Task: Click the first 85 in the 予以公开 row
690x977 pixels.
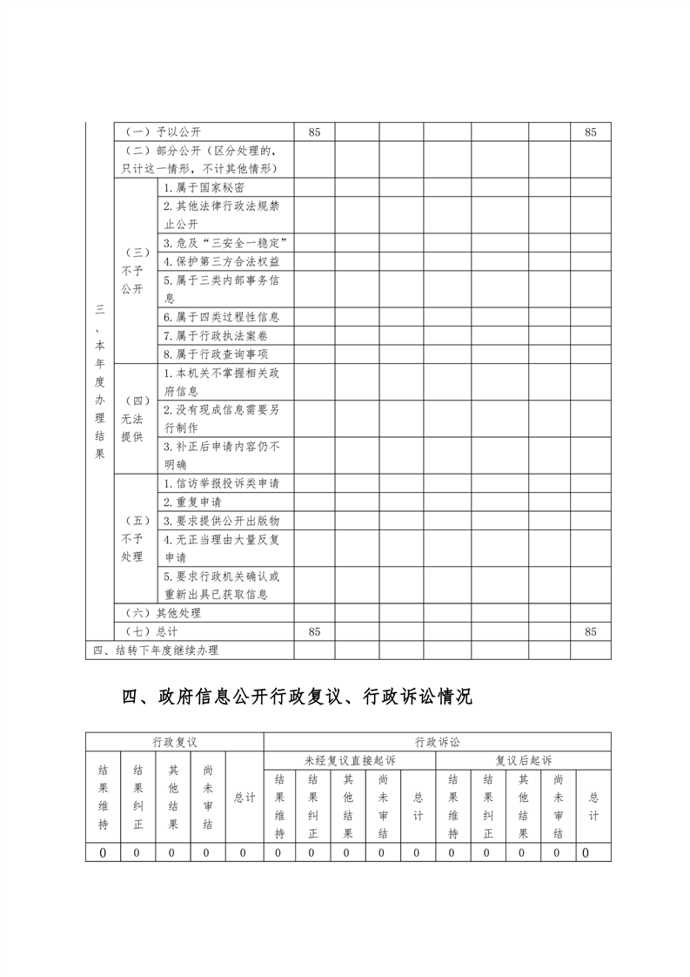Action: (315, 132)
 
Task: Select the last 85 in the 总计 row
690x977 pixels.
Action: (591, 631)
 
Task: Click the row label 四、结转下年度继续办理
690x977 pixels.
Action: (157, 650)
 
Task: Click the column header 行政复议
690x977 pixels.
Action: (175, 743)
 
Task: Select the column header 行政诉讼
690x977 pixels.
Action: (437, 743)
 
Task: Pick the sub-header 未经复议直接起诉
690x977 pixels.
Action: (348, 760)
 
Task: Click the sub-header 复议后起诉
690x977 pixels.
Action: (523, 760)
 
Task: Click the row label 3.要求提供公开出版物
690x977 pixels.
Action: (221, 521)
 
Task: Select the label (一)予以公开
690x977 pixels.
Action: (164, 132)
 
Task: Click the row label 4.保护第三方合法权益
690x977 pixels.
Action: (221, 261)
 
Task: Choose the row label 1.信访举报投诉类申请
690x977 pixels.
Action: (226, 483)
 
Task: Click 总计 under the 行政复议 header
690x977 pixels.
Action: (245, 797)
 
